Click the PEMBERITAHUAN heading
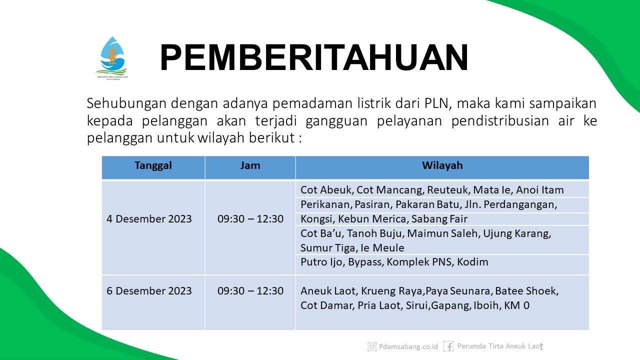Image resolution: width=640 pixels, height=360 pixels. (314, 57)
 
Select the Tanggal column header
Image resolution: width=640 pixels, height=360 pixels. (153, 165)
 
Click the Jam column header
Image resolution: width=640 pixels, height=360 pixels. (250, 165)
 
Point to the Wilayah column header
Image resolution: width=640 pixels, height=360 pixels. (442, 165)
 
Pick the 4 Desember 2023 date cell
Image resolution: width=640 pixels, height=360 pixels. (149, 219)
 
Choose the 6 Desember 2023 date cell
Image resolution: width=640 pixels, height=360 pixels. (149, 291)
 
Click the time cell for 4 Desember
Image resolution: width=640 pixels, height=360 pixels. (250, 219)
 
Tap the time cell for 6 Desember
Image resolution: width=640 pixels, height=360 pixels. (250, 291)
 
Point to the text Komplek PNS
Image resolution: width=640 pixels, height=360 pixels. (419, 262)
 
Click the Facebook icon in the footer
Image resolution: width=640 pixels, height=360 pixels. (448, 346)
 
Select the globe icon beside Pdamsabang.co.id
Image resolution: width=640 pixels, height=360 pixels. (372, 346)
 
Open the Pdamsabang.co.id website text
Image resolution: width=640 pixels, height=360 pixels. (408, 346)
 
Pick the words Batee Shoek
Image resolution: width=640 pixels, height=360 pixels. (526, 291)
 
